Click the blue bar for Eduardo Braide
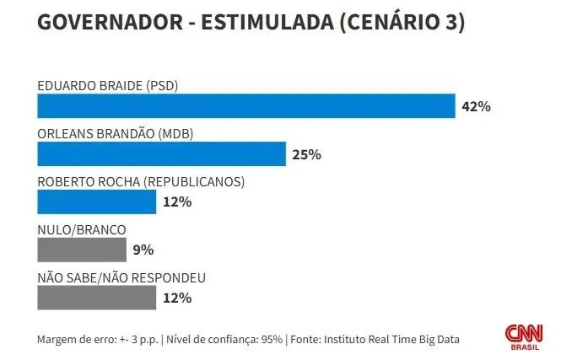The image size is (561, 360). point(246,106)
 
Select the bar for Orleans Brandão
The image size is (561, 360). point(162,154)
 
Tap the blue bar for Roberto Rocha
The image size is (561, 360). point(97,202)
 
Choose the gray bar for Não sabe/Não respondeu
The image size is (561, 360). point(97,298)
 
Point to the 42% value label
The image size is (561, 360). point(477,107)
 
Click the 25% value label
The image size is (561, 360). point(307,154)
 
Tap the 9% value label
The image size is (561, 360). point(143,250)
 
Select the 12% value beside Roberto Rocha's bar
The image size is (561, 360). point(177,202)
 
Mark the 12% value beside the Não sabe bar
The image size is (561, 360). point(177,298)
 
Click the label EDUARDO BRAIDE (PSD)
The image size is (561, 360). point(108,85)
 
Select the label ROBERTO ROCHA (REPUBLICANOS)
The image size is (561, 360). point(141,181)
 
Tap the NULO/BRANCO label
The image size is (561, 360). point(82,228)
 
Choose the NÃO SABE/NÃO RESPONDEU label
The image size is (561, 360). point(121,277)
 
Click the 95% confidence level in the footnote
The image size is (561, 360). point(269,339)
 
